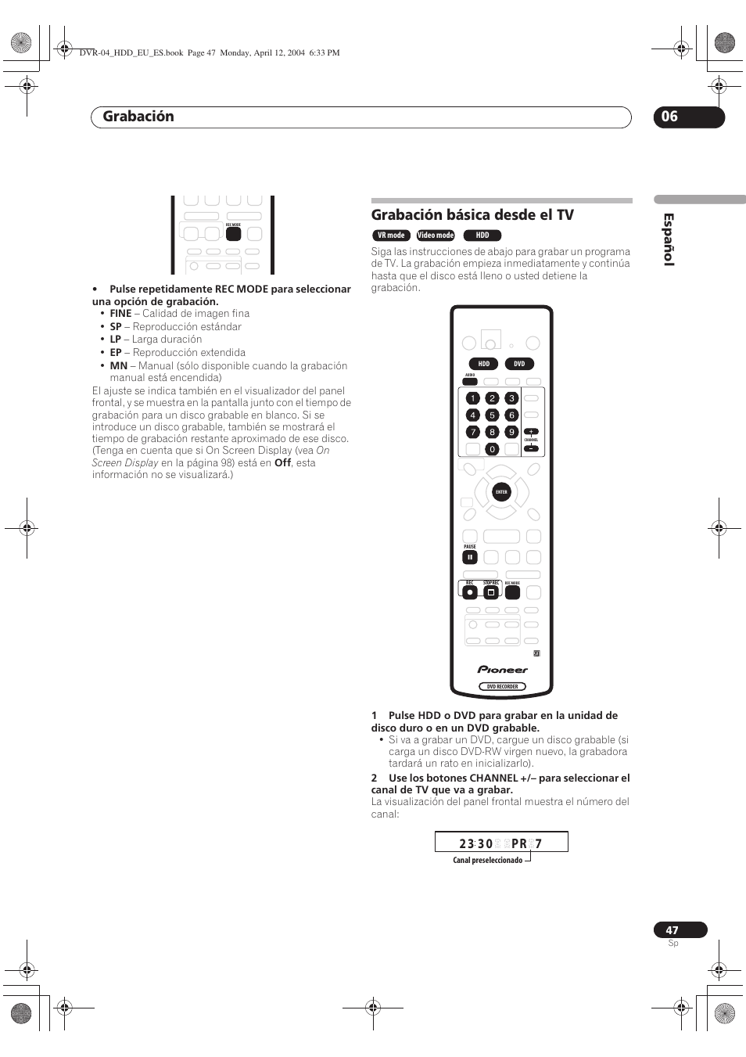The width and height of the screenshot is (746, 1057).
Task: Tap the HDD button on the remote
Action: pos(484,364)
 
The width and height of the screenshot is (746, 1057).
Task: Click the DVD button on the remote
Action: pos(519,364)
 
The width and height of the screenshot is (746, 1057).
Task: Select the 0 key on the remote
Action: pos(492,449)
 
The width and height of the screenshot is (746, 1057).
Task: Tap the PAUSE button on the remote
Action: pos(469,558)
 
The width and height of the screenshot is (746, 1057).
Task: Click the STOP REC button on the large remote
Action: pos(491,592)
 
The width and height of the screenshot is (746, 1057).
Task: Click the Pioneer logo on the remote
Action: pos(502,670)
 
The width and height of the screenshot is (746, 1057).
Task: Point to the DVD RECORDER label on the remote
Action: pos(502,686)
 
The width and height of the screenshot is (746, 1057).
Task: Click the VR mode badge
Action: pos(391,235)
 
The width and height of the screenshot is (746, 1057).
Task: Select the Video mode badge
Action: pos(436,235)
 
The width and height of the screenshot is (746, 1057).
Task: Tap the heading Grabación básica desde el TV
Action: pos(472,215)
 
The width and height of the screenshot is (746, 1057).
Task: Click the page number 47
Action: pos(672,930)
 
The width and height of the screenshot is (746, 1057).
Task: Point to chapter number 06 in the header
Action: pos(670,117)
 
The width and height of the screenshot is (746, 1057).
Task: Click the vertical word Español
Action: pos(669,239)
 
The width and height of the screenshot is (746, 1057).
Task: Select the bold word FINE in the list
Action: pos(120,314)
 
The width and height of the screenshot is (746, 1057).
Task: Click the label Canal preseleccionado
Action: pos(487,861)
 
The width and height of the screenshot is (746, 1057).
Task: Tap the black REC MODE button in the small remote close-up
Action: pos(233,234)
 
